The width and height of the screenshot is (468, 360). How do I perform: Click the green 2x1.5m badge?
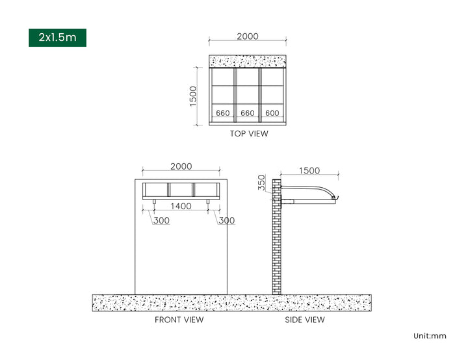(x=57, y=38)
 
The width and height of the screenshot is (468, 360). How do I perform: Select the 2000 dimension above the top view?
(x=248, y=36)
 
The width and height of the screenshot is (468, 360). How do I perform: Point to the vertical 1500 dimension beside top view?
(x=194, y=96)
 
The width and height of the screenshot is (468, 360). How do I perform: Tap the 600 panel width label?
(x=272, y=113)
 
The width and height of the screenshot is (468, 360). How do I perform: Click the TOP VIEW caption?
(x=249, y=134)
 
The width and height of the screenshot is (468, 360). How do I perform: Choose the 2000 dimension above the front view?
(x=181, y=166)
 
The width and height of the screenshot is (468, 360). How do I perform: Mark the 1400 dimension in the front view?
(x=181, y=206)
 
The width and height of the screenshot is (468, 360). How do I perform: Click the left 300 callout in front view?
(x=161, y=220)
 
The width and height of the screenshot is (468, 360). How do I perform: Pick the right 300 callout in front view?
(x=227, y=220)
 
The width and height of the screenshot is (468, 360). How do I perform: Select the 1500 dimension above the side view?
(x=309, y=171)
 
